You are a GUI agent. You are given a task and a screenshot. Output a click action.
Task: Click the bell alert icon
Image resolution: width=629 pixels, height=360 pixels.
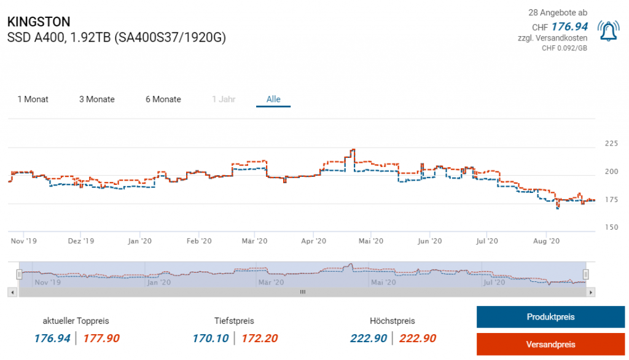click(609, 31)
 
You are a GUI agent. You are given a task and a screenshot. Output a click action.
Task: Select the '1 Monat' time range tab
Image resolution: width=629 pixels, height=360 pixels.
click(33, 100)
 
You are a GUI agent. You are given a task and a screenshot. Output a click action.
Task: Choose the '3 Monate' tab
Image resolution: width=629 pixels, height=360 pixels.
click(97, 100)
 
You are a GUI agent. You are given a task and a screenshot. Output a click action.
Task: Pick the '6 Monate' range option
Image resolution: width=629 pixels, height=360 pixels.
click(163, 100)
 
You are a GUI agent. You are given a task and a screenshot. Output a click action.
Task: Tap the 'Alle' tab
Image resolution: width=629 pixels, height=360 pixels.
click(273, 100)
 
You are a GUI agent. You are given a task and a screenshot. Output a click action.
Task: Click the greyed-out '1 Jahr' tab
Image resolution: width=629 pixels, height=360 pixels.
click(224, 100)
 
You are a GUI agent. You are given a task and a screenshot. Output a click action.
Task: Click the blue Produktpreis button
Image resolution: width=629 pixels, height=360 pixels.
click(550, 317)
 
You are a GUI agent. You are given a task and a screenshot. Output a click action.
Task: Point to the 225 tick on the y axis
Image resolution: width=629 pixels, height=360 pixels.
click(612, 144)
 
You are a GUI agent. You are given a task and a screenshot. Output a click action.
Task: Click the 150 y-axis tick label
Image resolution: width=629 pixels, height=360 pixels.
click(612, 228)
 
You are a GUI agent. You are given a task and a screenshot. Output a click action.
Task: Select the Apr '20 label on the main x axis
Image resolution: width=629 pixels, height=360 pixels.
click(314, 241)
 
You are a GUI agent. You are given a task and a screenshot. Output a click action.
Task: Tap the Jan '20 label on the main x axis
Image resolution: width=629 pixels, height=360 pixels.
click(140, 241)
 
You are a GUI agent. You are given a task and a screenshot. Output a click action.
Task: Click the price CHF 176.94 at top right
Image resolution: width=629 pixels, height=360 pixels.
click(569, 26)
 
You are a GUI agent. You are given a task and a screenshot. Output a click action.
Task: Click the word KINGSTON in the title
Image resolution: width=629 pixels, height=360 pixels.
click(39, 22)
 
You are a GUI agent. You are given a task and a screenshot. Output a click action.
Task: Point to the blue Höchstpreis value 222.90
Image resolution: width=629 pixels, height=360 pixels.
click(369, 338)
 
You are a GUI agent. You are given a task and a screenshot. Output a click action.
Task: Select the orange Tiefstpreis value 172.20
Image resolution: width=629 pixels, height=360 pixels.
click(259, 338)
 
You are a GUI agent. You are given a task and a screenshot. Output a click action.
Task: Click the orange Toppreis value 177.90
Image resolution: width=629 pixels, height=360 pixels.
click(101, 338)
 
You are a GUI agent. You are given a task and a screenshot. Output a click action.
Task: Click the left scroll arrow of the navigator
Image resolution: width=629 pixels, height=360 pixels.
click(13, 292)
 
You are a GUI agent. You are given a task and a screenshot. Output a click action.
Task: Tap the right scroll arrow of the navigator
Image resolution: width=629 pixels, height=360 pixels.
click(591, 292)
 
